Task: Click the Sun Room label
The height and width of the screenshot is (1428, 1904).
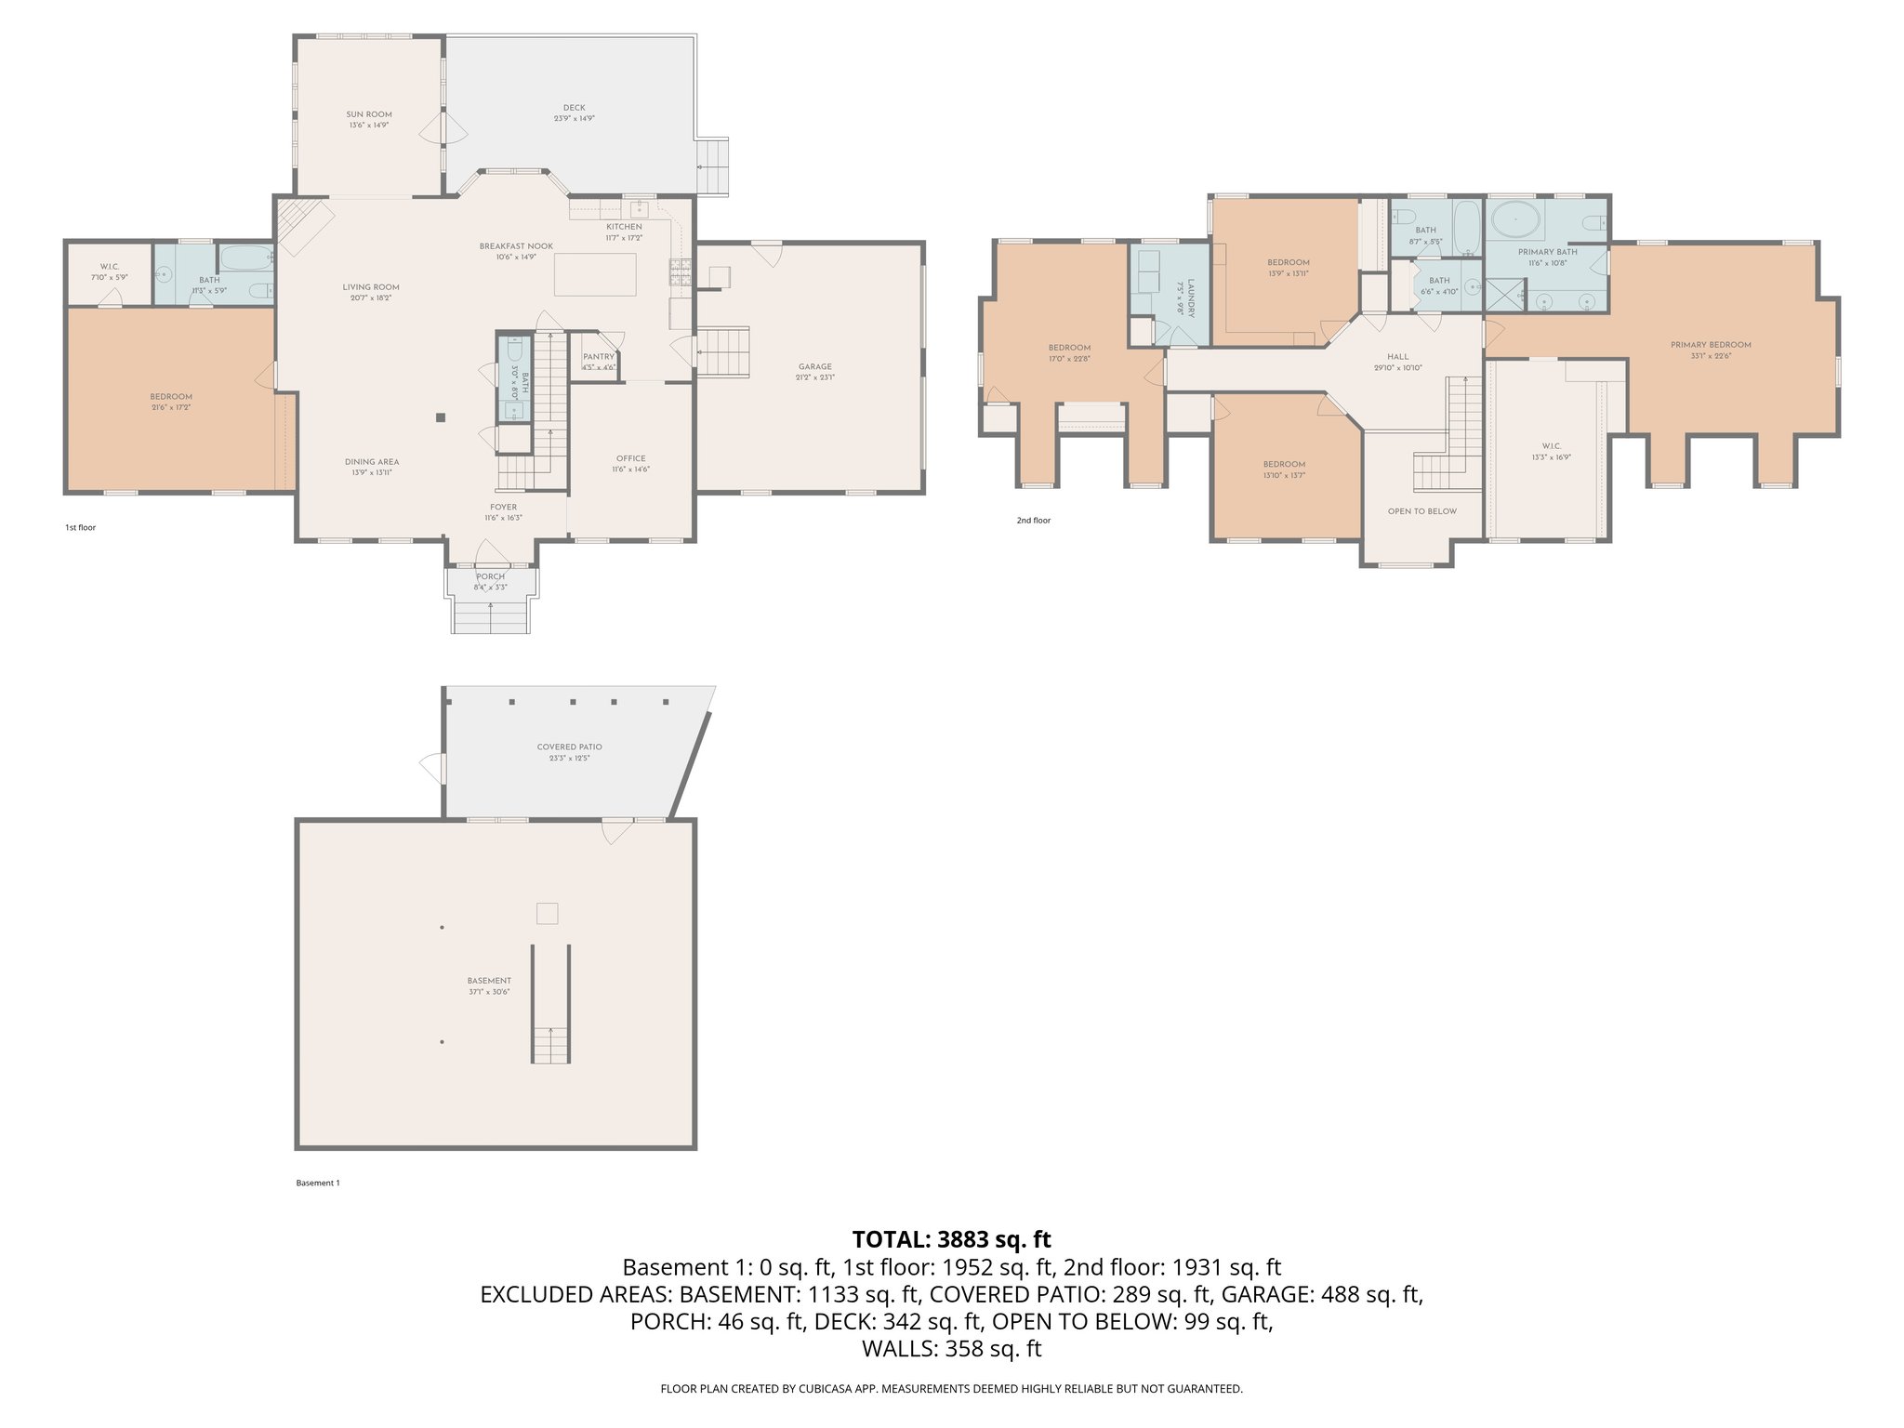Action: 368,114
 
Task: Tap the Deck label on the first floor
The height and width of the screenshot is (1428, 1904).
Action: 574,109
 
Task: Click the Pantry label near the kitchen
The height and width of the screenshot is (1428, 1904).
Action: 598,357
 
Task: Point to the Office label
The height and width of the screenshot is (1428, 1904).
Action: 630,458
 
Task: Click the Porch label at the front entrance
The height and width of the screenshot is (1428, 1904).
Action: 490,576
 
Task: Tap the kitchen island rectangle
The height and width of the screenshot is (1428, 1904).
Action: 596,274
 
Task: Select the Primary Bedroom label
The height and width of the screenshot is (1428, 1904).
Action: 1711,345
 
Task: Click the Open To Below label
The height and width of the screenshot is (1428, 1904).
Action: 1421,511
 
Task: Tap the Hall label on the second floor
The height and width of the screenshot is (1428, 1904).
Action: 1397,357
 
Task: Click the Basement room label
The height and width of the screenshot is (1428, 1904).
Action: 489,981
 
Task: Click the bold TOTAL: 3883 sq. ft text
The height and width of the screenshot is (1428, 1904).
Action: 951,1239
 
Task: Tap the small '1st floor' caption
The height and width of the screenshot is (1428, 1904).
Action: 80,528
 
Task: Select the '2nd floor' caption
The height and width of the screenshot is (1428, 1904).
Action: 1033,521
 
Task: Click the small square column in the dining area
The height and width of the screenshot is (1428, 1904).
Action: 442,417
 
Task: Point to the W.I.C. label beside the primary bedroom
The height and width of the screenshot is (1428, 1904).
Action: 1551,446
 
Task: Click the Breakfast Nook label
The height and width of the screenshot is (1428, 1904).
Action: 516,246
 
